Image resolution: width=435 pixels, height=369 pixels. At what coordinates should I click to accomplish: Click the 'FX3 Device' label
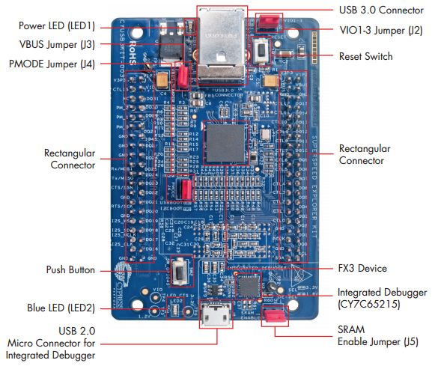362,268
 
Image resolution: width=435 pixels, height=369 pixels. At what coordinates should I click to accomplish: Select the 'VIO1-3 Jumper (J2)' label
381,30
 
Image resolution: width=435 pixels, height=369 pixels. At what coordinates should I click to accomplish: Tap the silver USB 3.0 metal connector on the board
221,46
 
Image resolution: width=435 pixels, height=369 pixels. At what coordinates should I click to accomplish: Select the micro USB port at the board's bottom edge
216,314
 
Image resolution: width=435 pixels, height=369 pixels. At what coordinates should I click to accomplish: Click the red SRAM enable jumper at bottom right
276,314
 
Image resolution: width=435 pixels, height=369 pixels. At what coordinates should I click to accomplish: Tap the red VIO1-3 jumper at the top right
266,21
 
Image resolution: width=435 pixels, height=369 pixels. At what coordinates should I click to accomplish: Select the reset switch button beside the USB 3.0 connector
263,52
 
